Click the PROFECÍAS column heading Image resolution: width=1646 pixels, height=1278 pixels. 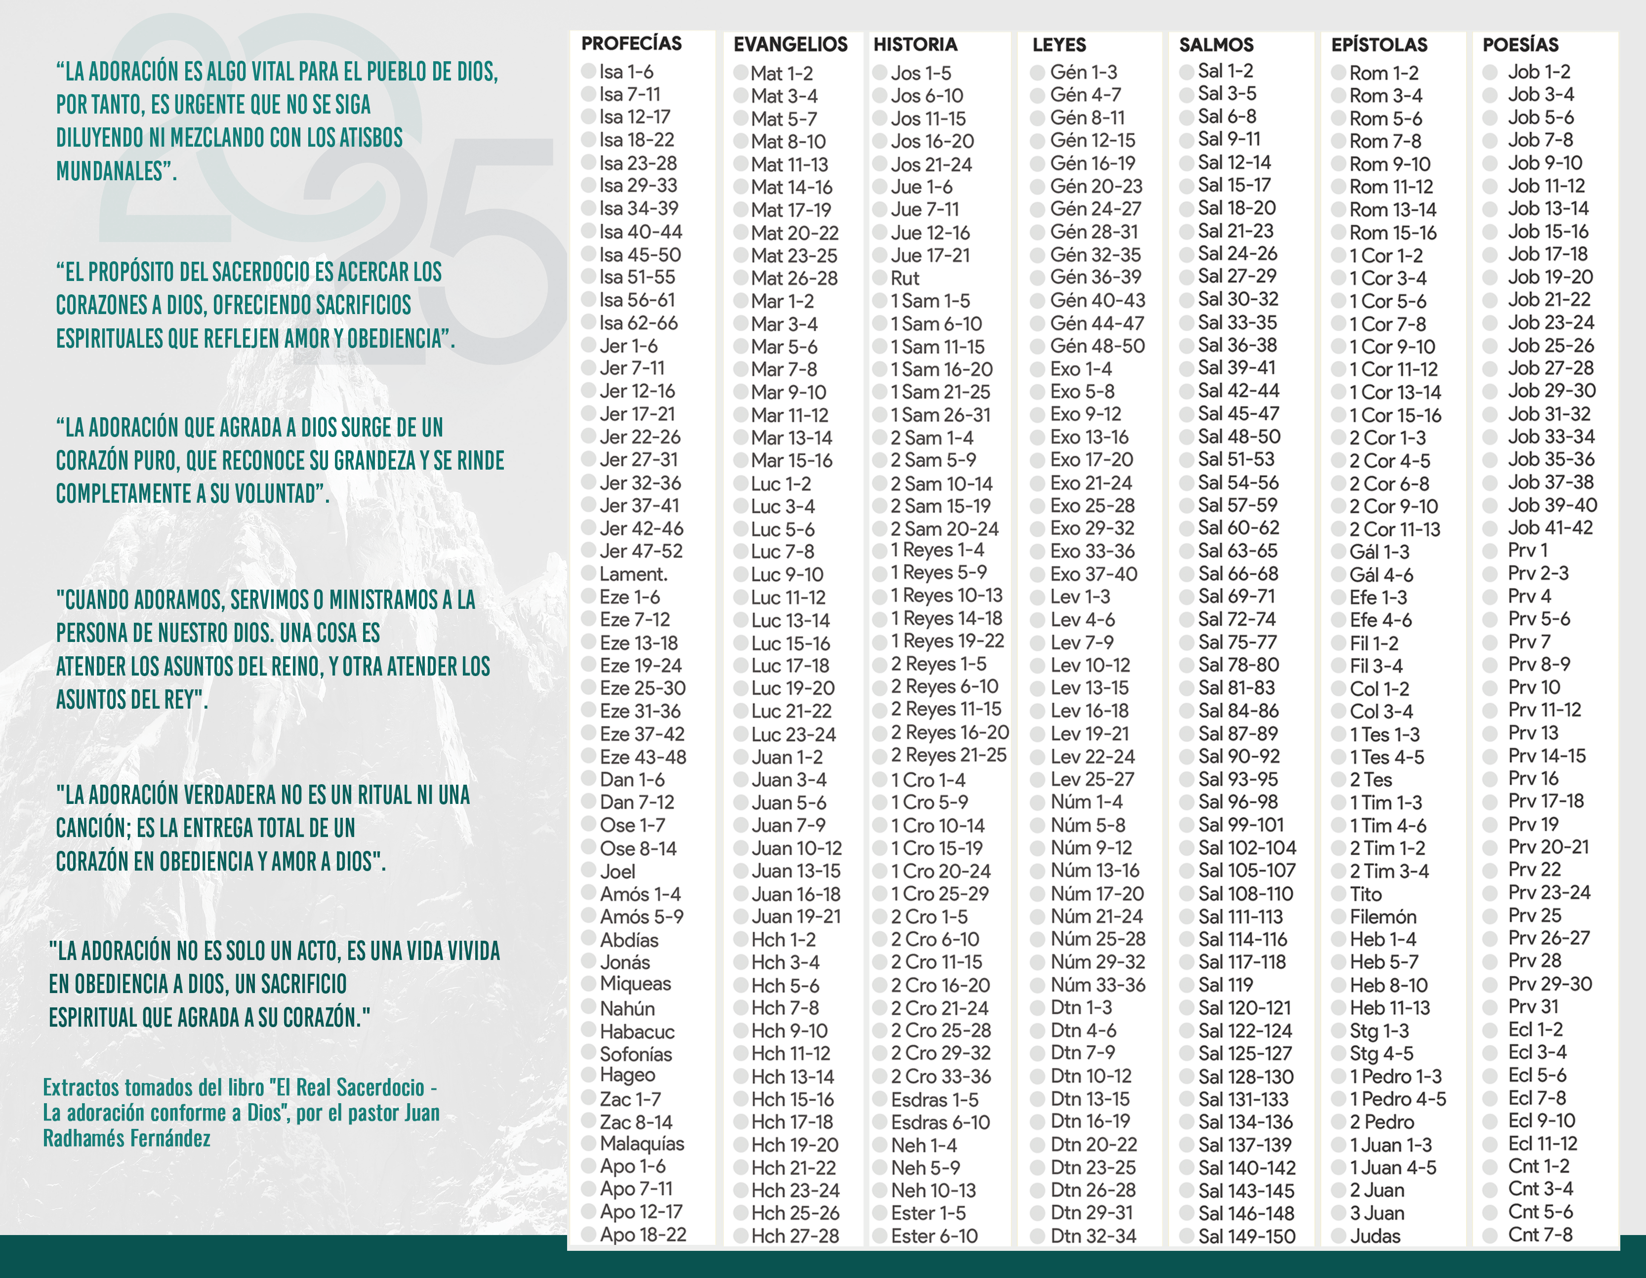pyautogui.click(x=631, y=44)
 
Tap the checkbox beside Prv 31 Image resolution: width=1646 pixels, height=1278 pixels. pyautogui.click(x=1490, y=1007)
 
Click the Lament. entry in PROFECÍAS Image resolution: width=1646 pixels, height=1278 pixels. pyautogui.click(x=633, y=574)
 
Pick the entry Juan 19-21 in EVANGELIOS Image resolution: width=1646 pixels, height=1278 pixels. pyautogui.click(x=795, y=917)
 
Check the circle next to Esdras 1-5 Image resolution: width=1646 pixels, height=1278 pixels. pyautogui.click(x=879, y=1100)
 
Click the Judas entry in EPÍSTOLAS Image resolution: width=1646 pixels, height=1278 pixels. pyautogui.click(x=1375, y=1236)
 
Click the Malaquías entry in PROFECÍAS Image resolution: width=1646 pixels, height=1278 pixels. pyautogui.click(x=641, y=1144)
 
